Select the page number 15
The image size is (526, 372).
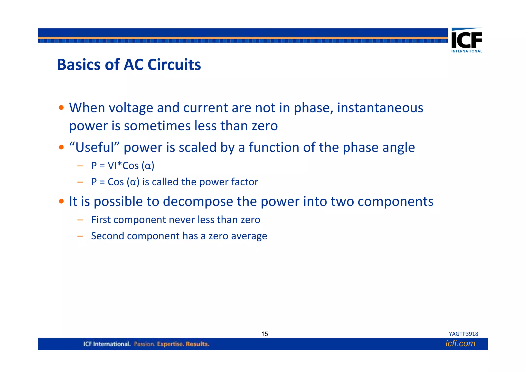[x=265, y=334]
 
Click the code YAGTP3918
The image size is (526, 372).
[x=463, y=334]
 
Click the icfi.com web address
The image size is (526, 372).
[x=460, y=343]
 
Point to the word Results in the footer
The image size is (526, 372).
[x=198, y=344]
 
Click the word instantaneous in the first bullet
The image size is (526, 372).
[x=380, y=108]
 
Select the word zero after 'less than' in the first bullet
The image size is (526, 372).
[x=265, y=126]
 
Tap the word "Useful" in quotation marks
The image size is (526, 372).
[x=94, y=147]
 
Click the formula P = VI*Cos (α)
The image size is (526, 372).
[x=123, y=166]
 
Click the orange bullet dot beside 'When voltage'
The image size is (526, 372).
[x=61, y=108]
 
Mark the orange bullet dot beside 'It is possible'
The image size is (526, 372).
[x=61, y=201]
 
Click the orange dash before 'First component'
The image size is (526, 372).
[x=80, y=220]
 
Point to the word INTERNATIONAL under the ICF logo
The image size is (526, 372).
[x=467, y=51]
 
